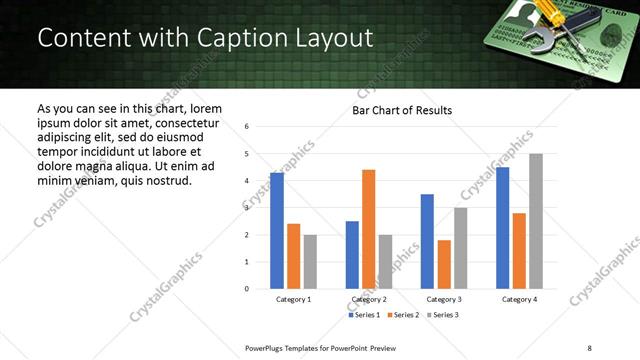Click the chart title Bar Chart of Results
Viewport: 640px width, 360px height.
point(401,110)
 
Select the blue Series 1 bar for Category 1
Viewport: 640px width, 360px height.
point(277,231)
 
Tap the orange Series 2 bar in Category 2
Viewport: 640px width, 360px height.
point(368,229)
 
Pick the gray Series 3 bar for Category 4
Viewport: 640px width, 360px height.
point(536,221)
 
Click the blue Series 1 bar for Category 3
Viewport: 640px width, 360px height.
point(427,241)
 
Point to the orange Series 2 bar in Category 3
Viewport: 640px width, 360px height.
point(444,264)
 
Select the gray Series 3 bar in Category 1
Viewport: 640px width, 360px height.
point(310,262)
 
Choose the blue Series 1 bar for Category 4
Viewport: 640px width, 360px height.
point(502,228)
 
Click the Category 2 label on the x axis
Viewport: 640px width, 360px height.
point(368,299)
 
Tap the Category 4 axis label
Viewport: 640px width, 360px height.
point(519,299)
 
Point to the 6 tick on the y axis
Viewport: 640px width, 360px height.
point(246,127)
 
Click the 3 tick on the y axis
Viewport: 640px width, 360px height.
point(246,208)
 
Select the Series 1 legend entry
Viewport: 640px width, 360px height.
point(365,315)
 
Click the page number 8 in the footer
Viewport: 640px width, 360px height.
point(589,348)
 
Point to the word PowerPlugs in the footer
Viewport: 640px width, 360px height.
point(267,348)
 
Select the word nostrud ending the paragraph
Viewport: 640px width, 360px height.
point(165,181)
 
